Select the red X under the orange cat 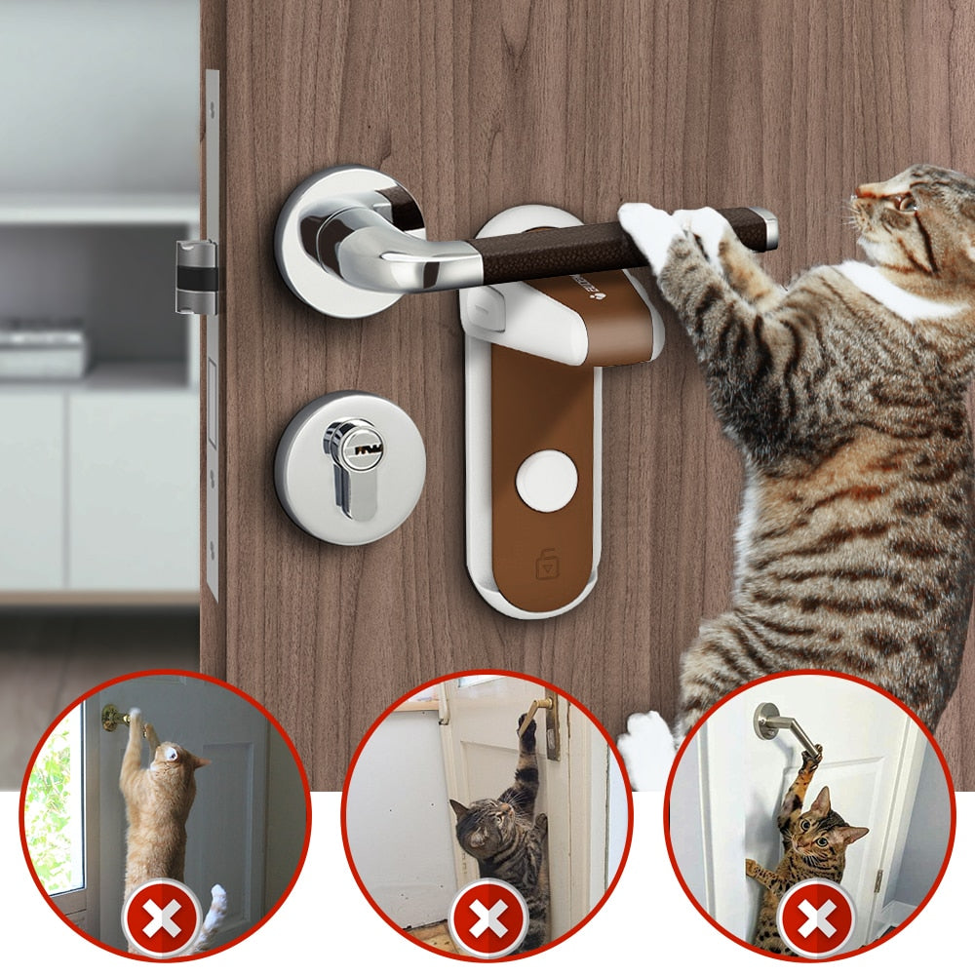[x=162, y=916]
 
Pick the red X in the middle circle [x=487, y=916]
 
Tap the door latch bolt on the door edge [x=195, y=278]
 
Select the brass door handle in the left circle [x=118, y=719]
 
